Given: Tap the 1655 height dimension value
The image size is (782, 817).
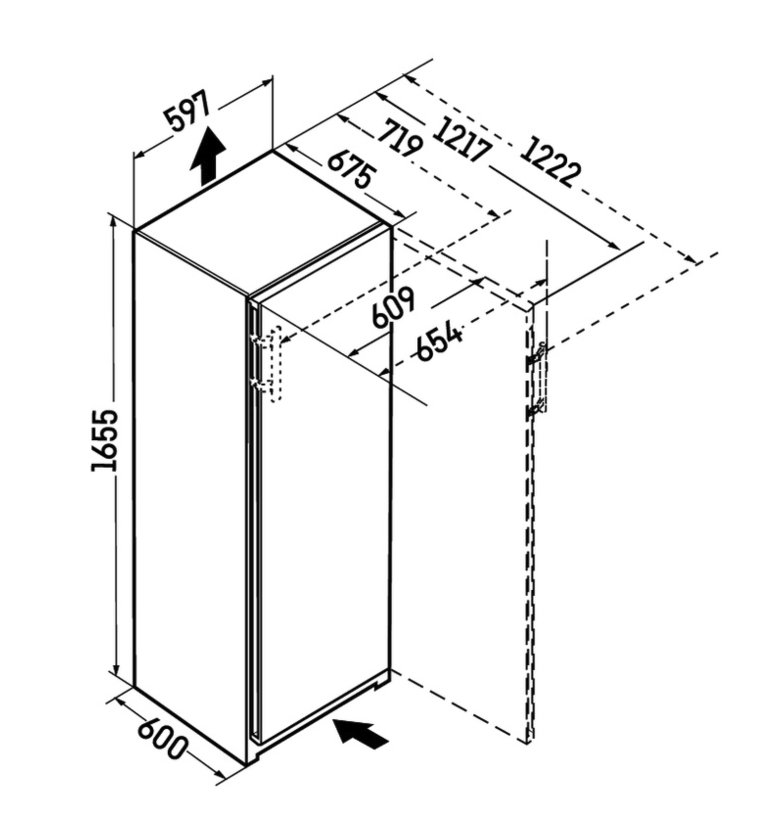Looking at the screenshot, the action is tap(105, 440).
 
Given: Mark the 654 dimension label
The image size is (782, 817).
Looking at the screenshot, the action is tap(439, 341).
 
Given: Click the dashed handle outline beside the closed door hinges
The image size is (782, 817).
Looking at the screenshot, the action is tap(276, 363).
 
